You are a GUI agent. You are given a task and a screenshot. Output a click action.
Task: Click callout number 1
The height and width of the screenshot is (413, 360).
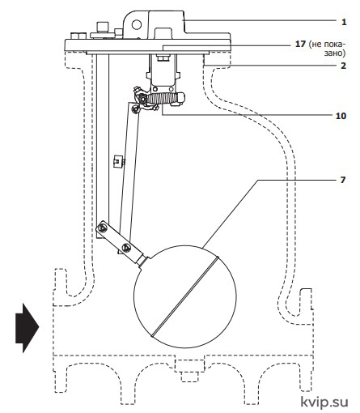click(344, 22)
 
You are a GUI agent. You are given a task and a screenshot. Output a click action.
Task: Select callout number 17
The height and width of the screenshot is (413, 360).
click(300, 44)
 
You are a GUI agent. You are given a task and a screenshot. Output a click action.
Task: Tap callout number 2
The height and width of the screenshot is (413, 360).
click(343, 66)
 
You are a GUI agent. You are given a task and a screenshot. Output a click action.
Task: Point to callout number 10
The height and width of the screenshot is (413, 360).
click(341, 116)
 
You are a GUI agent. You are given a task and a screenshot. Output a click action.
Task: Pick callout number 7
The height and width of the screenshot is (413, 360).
click(343, 180)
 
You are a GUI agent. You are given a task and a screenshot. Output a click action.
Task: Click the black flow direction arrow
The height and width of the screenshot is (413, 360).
click(28, 328)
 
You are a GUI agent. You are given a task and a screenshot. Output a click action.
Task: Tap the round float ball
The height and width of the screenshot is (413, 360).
click(185, 296)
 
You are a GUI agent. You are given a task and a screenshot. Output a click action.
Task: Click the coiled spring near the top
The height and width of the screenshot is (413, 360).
click(161, 98)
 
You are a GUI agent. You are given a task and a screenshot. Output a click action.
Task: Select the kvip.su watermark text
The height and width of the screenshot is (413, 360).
click(324, 402)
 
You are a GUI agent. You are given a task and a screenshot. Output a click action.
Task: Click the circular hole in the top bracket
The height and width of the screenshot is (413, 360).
click(137, 25)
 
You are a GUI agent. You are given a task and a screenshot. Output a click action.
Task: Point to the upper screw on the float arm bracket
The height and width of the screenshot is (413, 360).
click(103, 228)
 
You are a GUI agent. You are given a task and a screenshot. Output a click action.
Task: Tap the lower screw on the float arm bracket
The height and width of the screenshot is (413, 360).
click(126, 247)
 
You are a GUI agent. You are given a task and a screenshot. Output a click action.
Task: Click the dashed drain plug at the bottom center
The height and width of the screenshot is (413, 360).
click(189, 371)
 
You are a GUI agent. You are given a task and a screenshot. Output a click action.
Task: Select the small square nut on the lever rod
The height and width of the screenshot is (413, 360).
click(117, 161)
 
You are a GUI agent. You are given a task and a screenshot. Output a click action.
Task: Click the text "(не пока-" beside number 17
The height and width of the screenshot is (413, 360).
click(327, 44)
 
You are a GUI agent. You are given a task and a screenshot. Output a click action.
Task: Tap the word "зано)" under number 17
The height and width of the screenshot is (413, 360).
click(335, 53)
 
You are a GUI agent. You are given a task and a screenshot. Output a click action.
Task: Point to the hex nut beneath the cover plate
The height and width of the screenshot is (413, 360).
click(163, 57)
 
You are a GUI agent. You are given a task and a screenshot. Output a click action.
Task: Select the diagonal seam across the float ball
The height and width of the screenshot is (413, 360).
click(185, 296)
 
